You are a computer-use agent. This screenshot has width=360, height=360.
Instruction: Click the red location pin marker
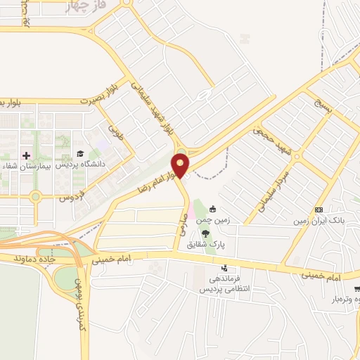point(181,165)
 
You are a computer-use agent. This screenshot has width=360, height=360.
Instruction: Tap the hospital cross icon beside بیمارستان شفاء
point(27,155)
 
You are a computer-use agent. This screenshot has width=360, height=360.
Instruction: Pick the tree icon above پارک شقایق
point(205,233)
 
